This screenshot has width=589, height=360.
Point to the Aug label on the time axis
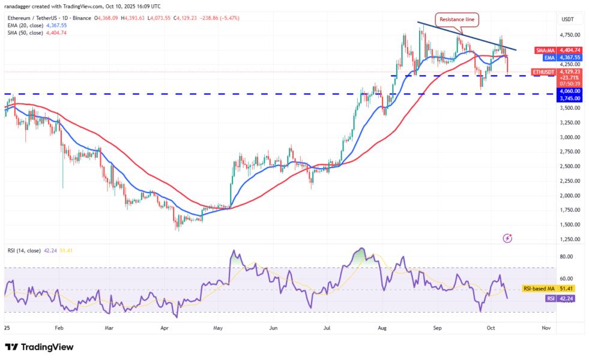383,328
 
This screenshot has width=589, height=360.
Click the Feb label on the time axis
59,328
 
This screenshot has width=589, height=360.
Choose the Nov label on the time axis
546,328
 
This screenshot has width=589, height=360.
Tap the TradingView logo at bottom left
39,347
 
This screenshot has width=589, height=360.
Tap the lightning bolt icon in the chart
507,238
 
